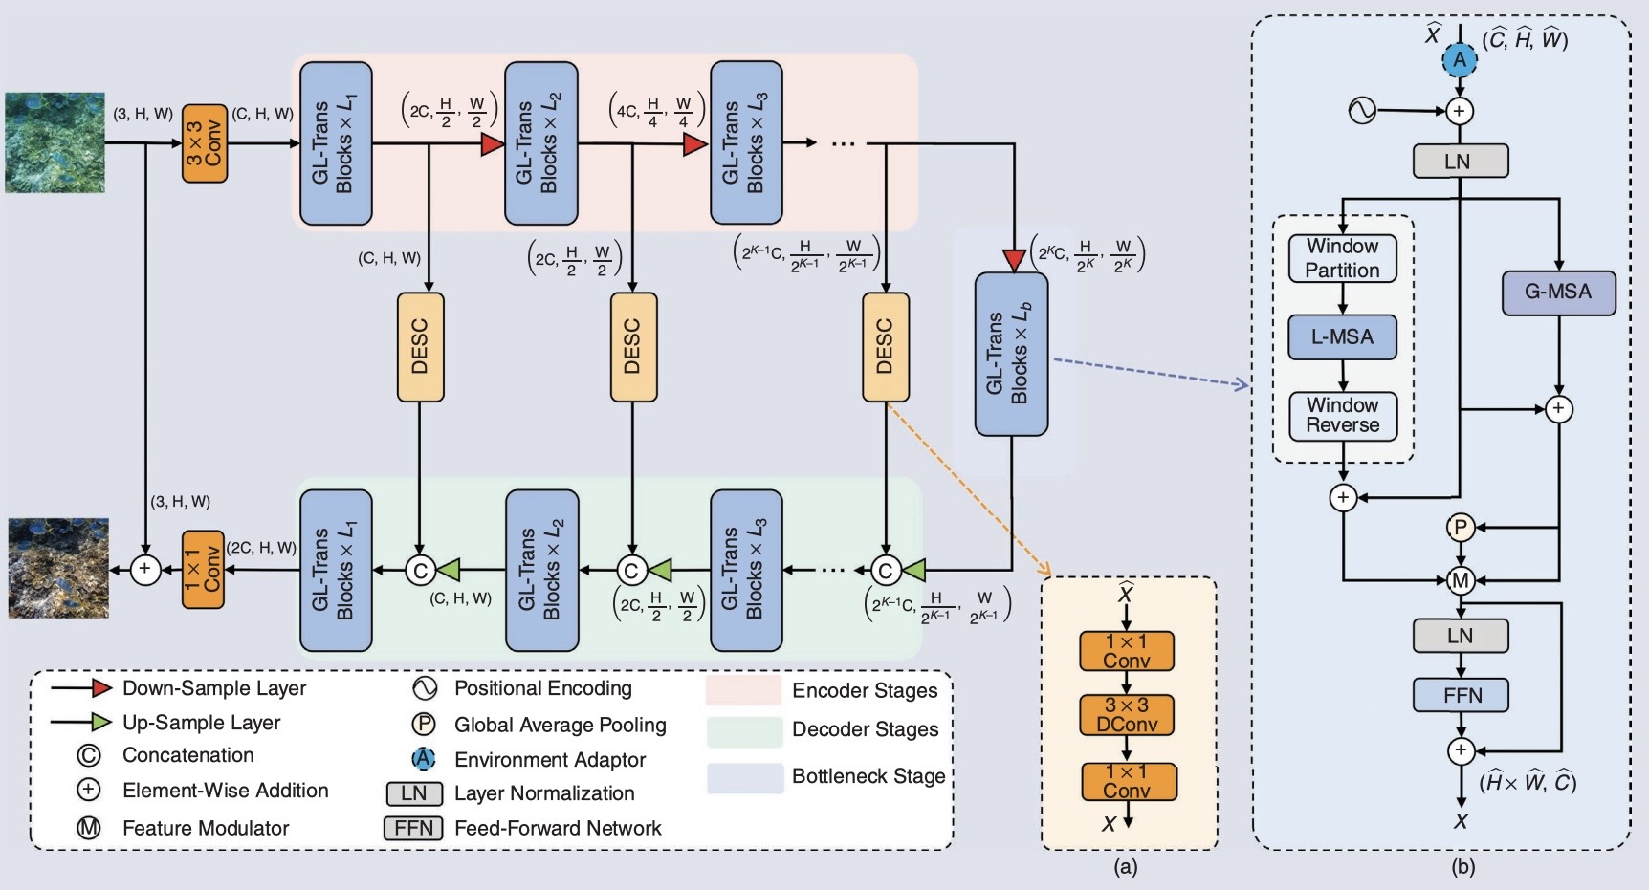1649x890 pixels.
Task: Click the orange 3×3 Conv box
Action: (x=205, y=143)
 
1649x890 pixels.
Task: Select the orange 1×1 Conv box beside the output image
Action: (x=203, y=570)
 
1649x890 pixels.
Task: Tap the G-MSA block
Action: (x=1557, y=293)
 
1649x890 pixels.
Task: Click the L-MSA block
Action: (x=1342, y=337)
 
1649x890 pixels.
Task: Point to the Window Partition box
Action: (x=1342, y=258)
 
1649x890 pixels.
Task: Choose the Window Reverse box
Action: (x=1342, y=416)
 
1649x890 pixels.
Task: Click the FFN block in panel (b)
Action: (x=1461, y=695)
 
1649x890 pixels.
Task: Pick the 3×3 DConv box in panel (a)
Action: (x=1127, y=715)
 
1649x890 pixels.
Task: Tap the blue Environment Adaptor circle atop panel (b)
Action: (x=1460, y=60)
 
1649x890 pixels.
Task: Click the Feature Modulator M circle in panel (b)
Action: (x=1461, y=580)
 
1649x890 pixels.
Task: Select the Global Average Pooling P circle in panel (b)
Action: (x=1461, y=527)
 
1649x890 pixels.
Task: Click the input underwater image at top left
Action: (x=55, y=142)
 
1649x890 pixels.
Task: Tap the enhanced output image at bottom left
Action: (x=58, y=568)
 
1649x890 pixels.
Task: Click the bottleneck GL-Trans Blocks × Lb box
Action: (x=1011, y=355)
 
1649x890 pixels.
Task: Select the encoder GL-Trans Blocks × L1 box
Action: (x=336, y=143)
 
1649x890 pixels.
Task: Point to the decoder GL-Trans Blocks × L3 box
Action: (x=746, y=571)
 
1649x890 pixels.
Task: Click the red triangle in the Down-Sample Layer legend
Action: (x=102, y=688)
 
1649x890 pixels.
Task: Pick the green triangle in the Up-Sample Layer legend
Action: (x=102, y=723)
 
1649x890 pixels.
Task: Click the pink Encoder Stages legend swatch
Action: (x=743, y=690)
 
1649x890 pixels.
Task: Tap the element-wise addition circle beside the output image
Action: (x=145, y=570)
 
